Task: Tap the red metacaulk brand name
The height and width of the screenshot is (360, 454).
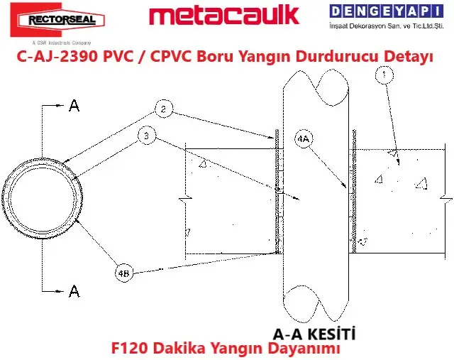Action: click(225, 16)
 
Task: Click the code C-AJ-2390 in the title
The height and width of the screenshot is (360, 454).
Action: click(58, 58)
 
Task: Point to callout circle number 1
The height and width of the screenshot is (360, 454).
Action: click(385, 74)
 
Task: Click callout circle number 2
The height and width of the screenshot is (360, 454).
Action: click(162, 109)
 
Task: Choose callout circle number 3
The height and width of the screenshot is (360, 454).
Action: click(146, 136)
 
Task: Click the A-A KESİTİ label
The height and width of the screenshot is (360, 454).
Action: click(314, 332)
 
